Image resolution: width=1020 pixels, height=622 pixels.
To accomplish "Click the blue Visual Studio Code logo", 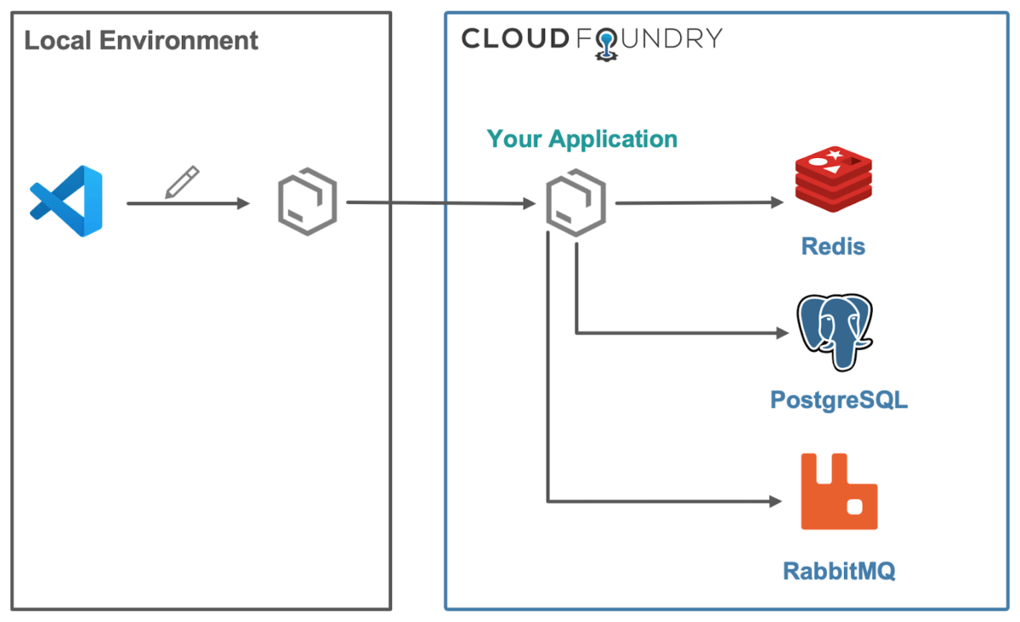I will click(x=66, y=201).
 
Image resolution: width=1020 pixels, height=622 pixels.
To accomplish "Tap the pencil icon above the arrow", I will click(x=182, y=183).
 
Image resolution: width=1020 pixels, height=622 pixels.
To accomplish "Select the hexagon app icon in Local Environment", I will click(x=308, y=203).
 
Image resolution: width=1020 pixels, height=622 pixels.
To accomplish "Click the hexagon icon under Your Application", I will click(x=575, y=203).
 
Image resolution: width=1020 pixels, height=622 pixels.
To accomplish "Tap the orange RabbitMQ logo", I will click(x=838, y=492).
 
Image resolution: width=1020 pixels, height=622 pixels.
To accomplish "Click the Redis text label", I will click(x=833, y=246).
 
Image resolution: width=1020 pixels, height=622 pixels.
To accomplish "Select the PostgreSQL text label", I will click(x=838, y=399).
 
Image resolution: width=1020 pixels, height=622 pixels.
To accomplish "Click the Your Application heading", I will click(x=582, y=139).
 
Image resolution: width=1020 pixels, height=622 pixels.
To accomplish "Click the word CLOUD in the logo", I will click(x=513, y=38).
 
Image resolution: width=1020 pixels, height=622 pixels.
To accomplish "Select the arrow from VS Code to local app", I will click(x=187, y=204).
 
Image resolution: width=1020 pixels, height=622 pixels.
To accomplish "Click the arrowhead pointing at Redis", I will click(x=775, y=203).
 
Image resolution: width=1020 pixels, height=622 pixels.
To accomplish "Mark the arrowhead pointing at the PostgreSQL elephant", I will click(x=775, y=332).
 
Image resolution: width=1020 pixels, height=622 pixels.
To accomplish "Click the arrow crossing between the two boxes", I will click(x=438, y=203).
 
